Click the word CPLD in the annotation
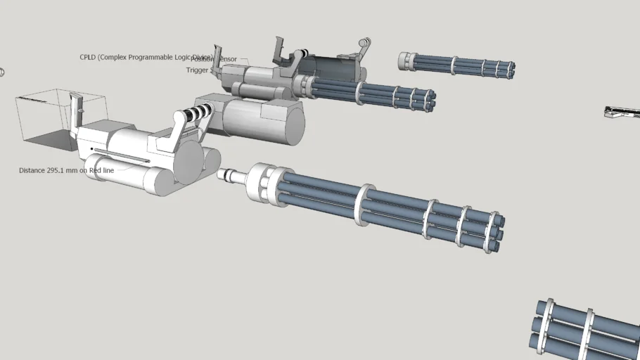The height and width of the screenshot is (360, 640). [x=89, y=57]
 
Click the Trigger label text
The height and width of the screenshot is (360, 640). [x=197, y=70]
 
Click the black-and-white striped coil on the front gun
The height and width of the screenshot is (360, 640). [x=200, y=111]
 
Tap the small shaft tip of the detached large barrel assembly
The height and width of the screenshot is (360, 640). [x=223, y=174]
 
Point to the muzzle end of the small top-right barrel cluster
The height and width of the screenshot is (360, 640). [x=511, y=70]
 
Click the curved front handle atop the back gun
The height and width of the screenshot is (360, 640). [x=364, y=48]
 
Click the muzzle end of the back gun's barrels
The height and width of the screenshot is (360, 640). [x=430, y=100]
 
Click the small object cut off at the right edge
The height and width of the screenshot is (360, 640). [x=622, y=112]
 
